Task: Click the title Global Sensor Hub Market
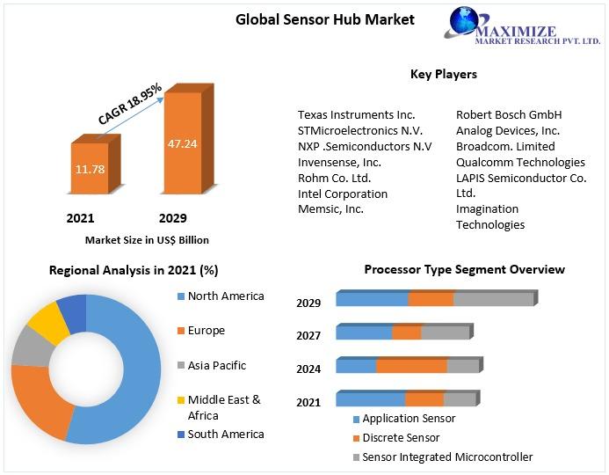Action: pos(324,19)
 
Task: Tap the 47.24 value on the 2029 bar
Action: pos(182,142)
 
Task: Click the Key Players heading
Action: pos(443,74)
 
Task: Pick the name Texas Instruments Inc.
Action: pos(356,115)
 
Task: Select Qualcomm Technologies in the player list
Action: pos(520,162)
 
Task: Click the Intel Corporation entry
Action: pos(342,194)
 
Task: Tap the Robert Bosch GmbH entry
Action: pos(508,115)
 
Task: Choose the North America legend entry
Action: pos(225,296)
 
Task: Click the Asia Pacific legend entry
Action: pos(216,365)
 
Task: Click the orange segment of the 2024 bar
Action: pos(411,366)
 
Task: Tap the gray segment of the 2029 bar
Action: pos(493,299)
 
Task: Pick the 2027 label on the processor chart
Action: pos(308,335)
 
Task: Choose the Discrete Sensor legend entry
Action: pos(400,437)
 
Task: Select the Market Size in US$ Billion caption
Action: pos(147,239)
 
